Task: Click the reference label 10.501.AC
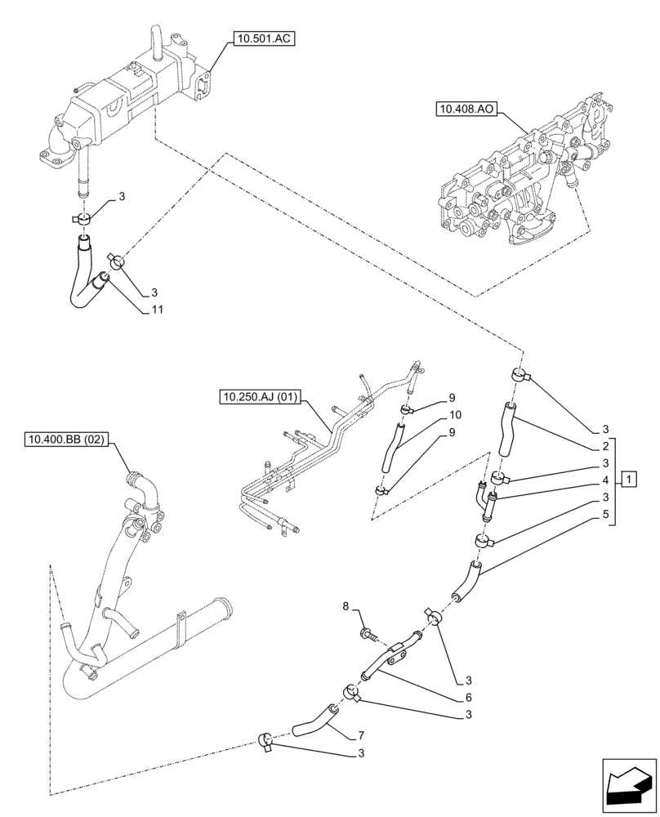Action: click(x=262, y=38)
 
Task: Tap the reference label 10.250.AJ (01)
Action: click(x=261, y=398)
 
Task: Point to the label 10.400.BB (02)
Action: click(x=66, y=440)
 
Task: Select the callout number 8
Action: click(x=346, y=607)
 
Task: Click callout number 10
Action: click(x=453, y=414)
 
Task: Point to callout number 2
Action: click(x=605, y=447)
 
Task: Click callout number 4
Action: click(x=605, y=480)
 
